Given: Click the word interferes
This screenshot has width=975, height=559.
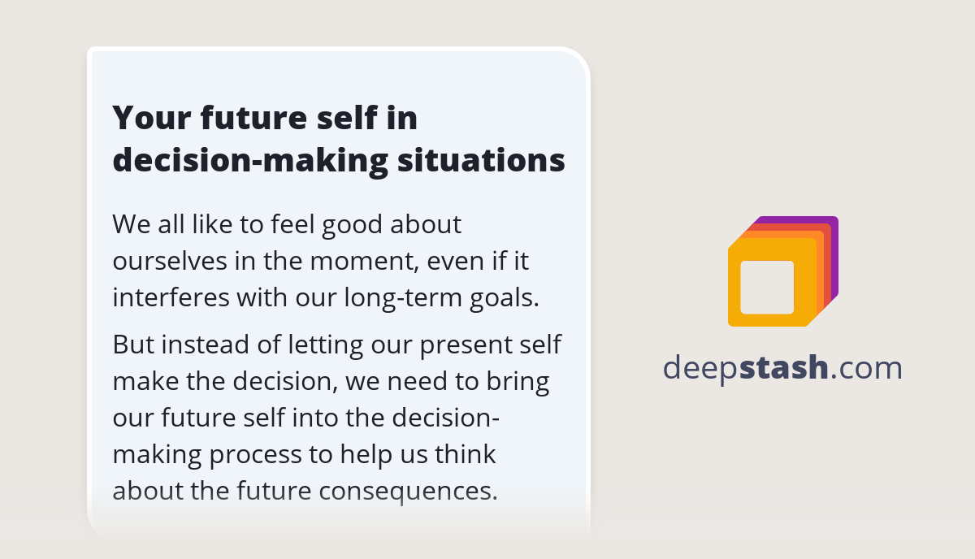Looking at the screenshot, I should pyautogui.click(x=170, y=297).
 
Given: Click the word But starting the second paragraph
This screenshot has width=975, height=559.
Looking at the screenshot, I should pyautogui.click(x=132, y=344).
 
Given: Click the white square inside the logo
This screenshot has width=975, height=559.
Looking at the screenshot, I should pyautogui.click(x=767, y=287).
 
